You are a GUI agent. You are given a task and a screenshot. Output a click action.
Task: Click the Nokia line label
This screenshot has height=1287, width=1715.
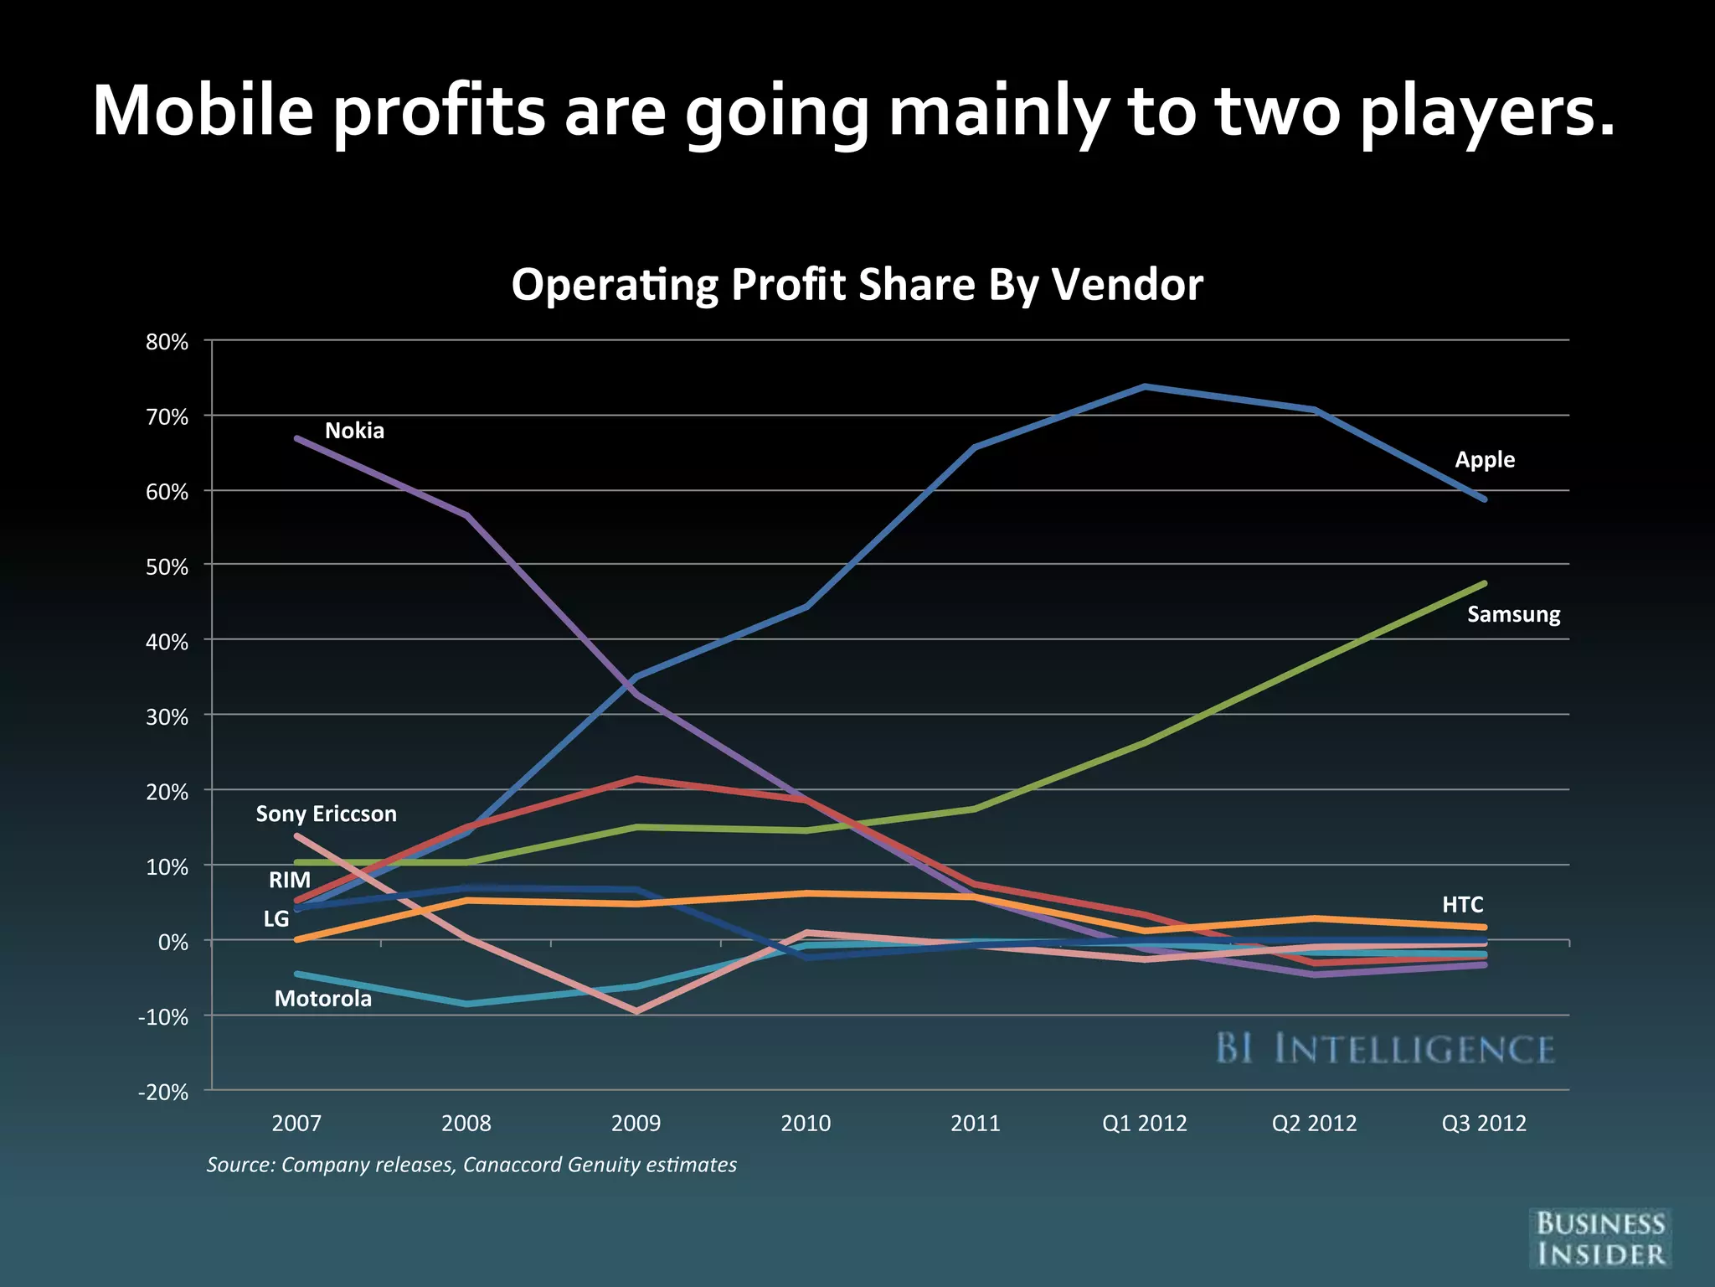pyautogui.click(x=354, y=431)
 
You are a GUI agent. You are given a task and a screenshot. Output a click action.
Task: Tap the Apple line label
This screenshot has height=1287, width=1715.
pyautogui.click(x=1485, y=460)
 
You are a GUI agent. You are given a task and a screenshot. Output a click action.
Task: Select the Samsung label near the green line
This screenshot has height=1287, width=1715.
pyautogui.click(x=1513, y=614)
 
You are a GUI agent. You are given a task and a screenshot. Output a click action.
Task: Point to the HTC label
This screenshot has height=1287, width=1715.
pyautogui.click(x=1462, y=905)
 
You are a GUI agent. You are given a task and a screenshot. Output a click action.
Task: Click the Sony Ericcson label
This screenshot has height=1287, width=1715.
pyautogui.click(x=326, y=814)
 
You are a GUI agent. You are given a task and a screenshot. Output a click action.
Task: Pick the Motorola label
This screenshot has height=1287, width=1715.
pyautogui.click(x=322, y=999)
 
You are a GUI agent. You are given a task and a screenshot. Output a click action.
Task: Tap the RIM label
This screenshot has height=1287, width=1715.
pyautogui.click(x=289, y=880)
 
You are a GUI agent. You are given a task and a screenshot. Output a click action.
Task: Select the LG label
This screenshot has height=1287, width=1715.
pyautogui.click(x=276, y=919)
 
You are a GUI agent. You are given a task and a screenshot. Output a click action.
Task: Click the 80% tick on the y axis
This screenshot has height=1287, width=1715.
pyautogui.click(x=167, y=342)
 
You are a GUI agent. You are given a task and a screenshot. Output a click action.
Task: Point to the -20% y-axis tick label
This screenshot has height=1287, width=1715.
pyautogui.click(x=163, y=1092)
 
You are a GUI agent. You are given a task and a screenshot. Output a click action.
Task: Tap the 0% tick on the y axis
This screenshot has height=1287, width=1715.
pyautogui.click(x=173, y=942)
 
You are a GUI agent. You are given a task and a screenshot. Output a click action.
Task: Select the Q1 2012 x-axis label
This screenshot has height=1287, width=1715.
pyautogui.click(x=1144, y=1124)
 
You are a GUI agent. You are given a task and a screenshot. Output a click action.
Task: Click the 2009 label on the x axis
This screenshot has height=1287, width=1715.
pyautogui.click(x=636, y=1124)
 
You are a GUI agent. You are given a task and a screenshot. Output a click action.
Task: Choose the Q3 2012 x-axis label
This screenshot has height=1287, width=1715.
pyautogui.click(x=1483, y=1124)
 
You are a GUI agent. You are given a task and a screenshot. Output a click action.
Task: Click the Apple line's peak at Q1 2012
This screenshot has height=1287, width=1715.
pyautogui.click(x=1145, y=386)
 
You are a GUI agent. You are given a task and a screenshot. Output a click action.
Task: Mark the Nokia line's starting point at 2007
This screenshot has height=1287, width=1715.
pyautogui.click(x=297, y=438)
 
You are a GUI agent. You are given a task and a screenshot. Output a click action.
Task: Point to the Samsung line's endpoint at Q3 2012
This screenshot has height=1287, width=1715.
pyautogui.click(x=1484, y=583)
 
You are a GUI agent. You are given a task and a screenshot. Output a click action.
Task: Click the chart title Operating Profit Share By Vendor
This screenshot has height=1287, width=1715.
pyautogui.click(x=857, y=285)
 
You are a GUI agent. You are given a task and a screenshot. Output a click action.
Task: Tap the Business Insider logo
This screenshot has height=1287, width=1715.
pyautogui.click(x=1599, y=1238)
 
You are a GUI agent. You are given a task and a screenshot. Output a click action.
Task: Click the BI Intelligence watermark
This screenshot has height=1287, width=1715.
pyautogui.click(x=1384, y=1049)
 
